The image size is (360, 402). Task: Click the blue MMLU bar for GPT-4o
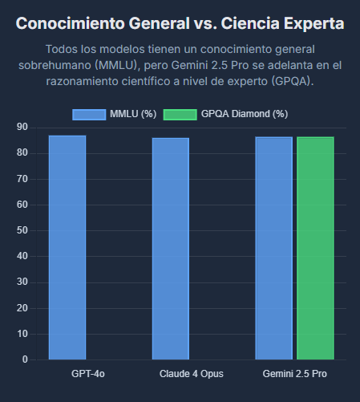[67, 247]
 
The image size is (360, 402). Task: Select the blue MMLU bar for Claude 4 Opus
[171, 249]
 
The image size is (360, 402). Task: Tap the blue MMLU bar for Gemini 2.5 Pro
[274, 248]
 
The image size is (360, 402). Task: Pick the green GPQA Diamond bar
[315, 248]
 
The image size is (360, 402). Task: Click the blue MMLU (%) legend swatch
[89, 115]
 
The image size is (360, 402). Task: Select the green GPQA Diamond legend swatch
[180, 115]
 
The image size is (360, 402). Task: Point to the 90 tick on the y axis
[22, 127]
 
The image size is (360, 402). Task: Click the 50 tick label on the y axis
[22, 230]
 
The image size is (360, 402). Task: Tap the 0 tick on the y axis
[25, 359]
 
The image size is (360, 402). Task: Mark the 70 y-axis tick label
[22, 179]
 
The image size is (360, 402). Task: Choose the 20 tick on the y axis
[22, 308]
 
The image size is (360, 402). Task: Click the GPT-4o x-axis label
[88, 374]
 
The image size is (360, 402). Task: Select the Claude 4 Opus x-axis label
[192, 374]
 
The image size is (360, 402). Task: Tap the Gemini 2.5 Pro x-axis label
[295, 374]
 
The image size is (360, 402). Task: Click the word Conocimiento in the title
[71, 23]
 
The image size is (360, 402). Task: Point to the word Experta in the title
[314, 24]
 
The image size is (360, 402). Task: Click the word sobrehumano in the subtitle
[55, 65]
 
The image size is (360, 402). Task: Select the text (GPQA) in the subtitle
[293, 81]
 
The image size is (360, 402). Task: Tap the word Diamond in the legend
[251, 114]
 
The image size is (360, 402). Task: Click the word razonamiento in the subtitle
[82, 81]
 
